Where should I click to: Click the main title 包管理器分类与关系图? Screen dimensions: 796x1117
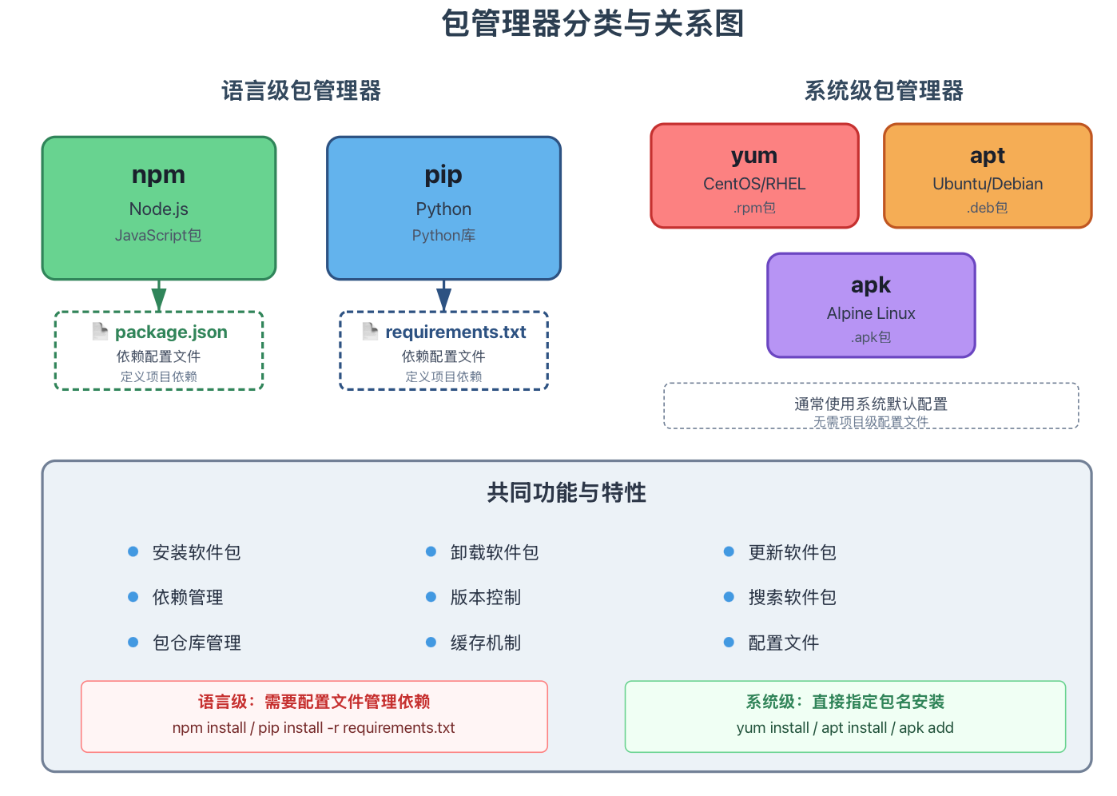pyautogui.click(x=592, y=23)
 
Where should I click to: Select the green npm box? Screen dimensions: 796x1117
pyautogui.click(x=159, y=208)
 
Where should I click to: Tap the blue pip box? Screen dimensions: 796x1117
pyautogui.click(x=443, y=208)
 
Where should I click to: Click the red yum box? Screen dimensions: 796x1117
pyautogui.click(x=754, y=176)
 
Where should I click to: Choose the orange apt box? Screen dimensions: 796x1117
pyautogui.click(x=988, y=176)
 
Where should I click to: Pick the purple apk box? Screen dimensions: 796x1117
pyautogui.click(x=871, y=305)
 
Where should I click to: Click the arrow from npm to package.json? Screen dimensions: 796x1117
pyautogui.click(x=159, y=296)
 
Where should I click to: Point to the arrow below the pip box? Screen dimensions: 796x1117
pyautogui.click(x=443, y=296)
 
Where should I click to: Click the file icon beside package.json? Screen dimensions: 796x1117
pyautogui.click(x=100, y=332)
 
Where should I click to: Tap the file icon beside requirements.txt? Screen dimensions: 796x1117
pyautogui.click(x=370, y=332)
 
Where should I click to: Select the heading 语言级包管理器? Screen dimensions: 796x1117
pyautogui.click(x=301, y=91)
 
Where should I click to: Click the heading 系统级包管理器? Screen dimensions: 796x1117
pyautogui.click(x=884, y=91)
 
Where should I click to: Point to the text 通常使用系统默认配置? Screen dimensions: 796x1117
pyautogui.click(x=871, y=404)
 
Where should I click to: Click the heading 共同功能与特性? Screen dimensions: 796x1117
pyautogui.click(x=566, y=492)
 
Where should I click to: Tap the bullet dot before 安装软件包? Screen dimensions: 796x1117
pyautogui.click(x=133, y=551)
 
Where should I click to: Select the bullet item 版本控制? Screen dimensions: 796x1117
pyautogui.click(x=486, y=597)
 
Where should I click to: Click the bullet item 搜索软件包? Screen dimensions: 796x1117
pyautogui.click(x=792, y=597)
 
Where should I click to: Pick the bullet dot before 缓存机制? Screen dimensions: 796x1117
pyautogui.click(x=431, y=642)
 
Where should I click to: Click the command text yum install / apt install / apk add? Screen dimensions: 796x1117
pyautogui.click(x=845, y=728)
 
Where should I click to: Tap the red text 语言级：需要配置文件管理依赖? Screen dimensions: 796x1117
pyautogui.click(x=314, y=702)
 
